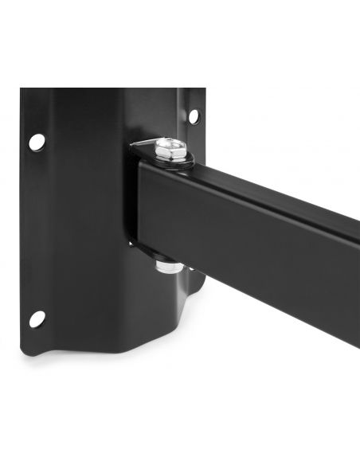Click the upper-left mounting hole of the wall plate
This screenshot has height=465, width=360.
(x=37, y=142)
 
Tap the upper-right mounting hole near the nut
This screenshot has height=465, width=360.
(x=193, y=116)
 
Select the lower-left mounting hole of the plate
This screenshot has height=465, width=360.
(x=37, y=318)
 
